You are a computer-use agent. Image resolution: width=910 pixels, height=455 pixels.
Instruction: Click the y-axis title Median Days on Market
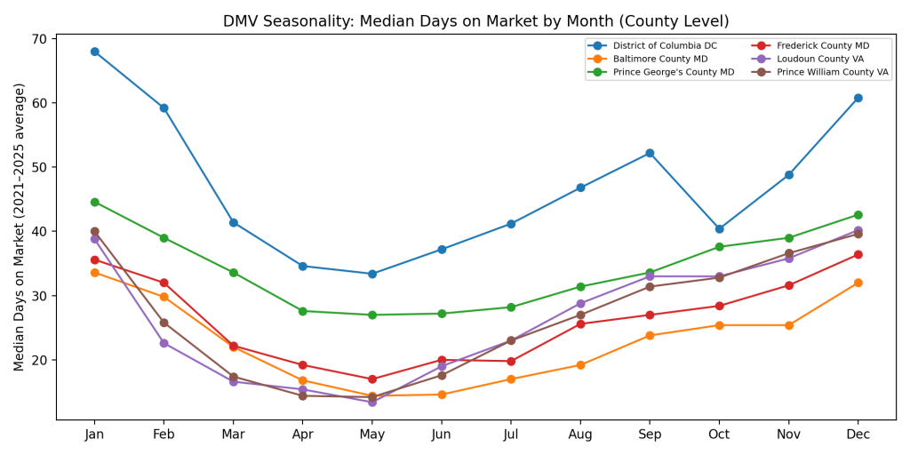20,227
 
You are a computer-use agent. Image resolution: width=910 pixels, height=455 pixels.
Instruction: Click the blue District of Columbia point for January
94,52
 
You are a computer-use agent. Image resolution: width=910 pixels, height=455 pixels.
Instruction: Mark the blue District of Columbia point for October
719,229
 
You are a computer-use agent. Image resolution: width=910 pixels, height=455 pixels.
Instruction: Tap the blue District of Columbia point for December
858,98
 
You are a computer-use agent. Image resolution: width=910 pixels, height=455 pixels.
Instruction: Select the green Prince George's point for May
371,315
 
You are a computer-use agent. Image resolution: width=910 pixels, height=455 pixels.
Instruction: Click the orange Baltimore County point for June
442,395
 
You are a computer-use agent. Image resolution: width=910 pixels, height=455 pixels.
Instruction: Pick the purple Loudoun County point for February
164,343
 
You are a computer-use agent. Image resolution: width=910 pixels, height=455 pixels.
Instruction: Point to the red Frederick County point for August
580,323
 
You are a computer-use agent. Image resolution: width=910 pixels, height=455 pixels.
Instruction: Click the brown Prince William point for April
302,395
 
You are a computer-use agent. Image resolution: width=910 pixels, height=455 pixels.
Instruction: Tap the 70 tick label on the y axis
40,39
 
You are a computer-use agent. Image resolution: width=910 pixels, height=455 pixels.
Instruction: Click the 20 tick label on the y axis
40,360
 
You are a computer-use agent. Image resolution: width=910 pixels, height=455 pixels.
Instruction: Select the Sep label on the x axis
650,435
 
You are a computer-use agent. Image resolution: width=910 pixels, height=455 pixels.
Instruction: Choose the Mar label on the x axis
233,435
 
